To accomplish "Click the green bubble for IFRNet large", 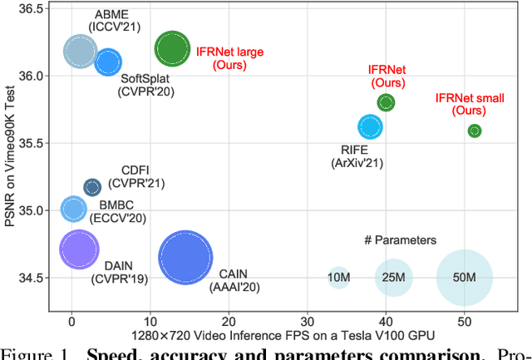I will click(x=172, y=49).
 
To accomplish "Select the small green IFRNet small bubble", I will click(x=475, y=131).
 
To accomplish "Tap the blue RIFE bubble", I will click(x=370, y=126).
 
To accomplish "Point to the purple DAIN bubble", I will click(x=79, y=249).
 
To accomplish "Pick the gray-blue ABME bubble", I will click(x=80, y=52).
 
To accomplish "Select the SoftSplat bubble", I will click(x=108, y=62).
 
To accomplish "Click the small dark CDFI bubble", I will click(x=92, y=187).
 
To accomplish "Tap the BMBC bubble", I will click(x=73, y=210).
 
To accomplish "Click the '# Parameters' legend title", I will click(x=400, y=240).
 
